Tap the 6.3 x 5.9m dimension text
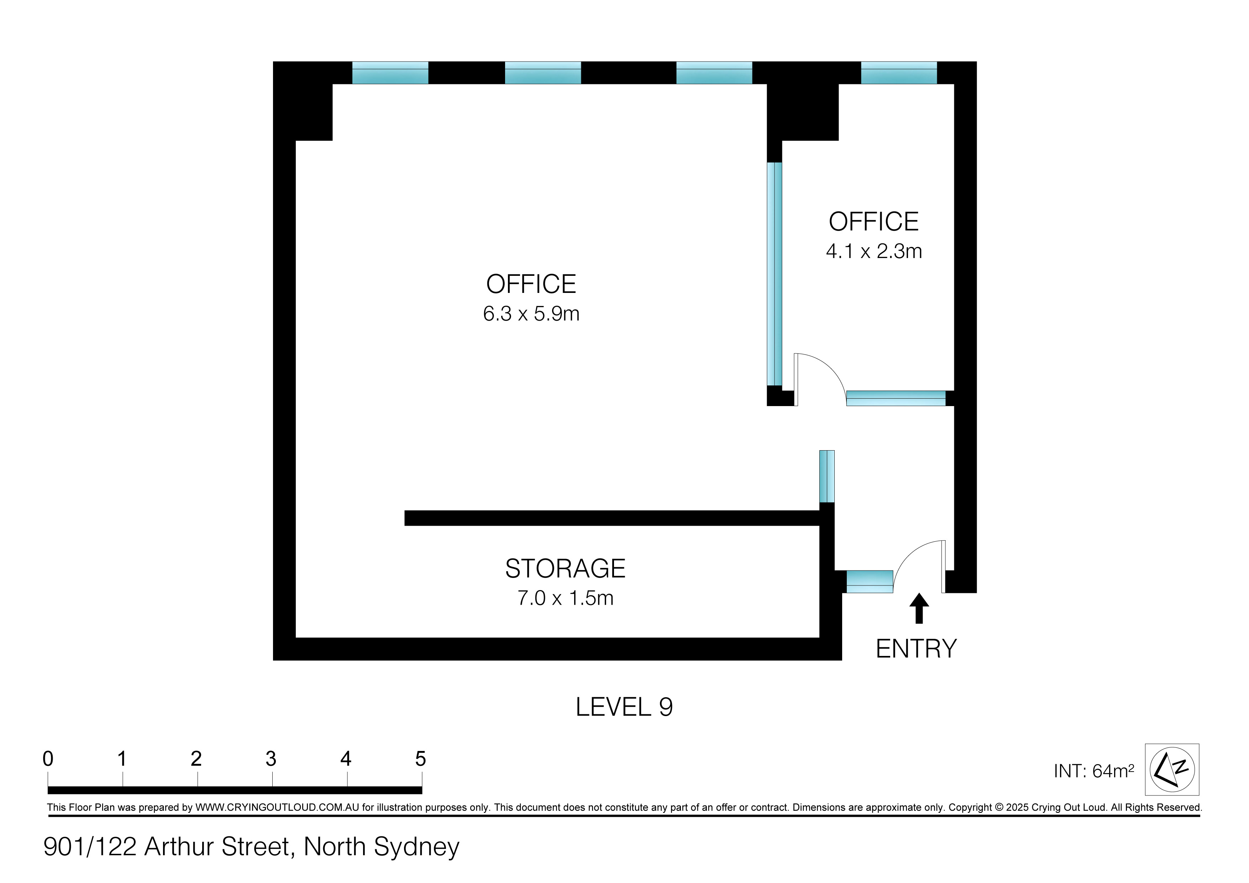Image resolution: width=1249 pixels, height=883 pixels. [531, 314]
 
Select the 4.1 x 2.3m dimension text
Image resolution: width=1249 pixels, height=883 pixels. [873, 251]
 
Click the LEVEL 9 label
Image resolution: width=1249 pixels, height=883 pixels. [624, 707]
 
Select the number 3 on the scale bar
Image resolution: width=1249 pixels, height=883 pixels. [271, 758]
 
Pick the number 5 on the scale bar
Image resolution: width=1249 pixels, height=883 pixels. [420, 758]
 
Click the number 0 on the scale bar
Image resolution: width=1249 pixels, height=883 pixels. [48, 758]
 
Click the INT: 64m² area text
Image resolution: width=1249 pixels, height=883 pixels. [1093, 771]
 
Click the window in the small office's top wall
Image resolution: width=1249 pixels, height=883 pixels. [899, 73]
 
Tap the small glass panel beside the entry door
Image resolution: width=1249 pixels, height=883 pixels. [869, 582]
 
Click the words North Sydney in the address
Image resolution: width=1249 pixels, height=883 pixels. [381, 847]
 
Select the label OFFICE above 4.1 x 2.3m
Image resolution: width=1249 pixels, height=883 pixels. [873, 222]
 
